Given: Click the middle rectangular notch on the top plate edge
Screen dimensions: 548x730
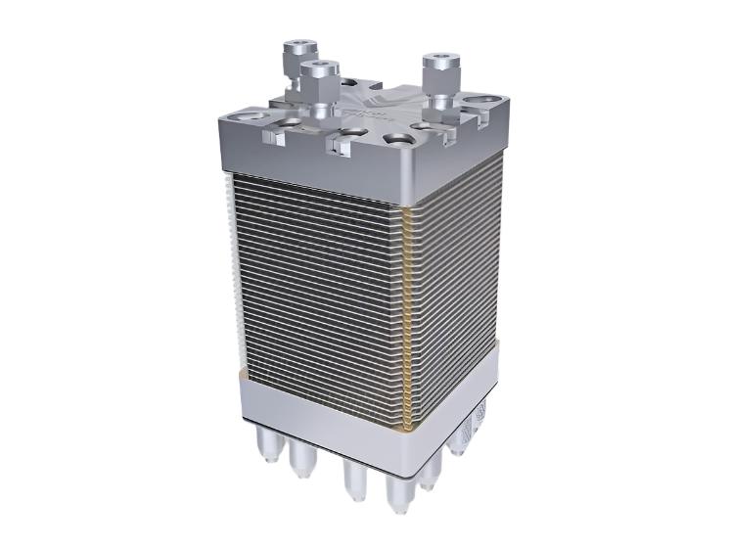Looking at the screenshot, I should pyautogui.click(x=339, y=146).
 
